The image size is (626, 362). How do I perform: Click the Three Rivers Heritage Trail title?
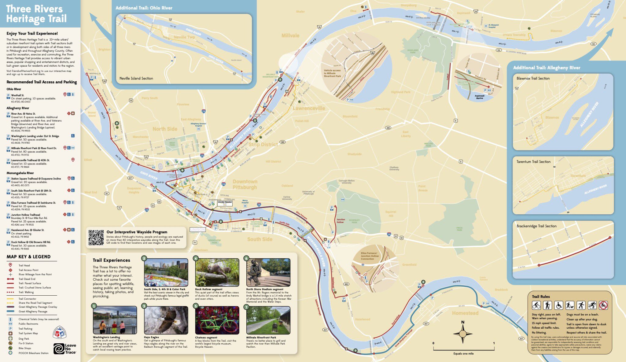click(36, 14)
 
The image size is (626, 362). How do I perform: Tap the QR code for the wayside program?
click(96, 238)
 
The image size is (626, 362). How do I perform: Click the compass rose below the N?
click(462, 334)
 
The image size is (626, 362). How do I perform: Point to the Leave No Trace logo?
click(65, 349)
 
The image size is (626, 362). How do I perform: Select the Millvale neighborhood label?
click(290, 36)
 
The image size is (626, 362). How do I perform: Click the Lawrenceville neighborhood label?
click(309, 108)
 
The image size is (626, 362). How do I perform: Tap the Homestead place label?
click(465, 313)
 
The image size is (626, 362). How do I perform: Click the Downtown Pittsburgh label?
click(245, 184)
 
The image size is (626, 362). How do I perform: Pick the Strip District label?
click(263, 144)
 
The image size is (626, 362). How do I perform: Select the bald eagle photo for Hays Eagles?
click(166, 320)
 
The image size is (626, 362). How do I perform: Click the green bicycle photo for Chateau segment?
click(217, 320)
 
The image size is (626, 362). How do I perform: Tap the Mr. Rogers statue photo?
click(268, 272)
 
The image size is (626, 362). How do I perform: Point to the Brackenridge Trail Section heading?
click(536, 226)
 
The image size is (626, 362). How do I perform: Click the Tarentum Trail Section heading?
click(533, 162)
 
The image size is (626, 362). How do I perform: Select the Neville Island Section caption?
click(136, 78)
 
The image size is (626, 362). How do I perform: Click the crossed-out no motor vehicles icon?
click(603, 305)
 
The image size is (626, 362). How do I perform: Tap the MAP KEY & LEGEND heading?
click(29, 257)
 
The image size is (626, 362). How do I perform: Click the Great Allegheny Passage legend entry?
click(33, 312)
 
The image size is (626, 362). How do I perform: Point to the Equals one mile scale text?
click(463, 353)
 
